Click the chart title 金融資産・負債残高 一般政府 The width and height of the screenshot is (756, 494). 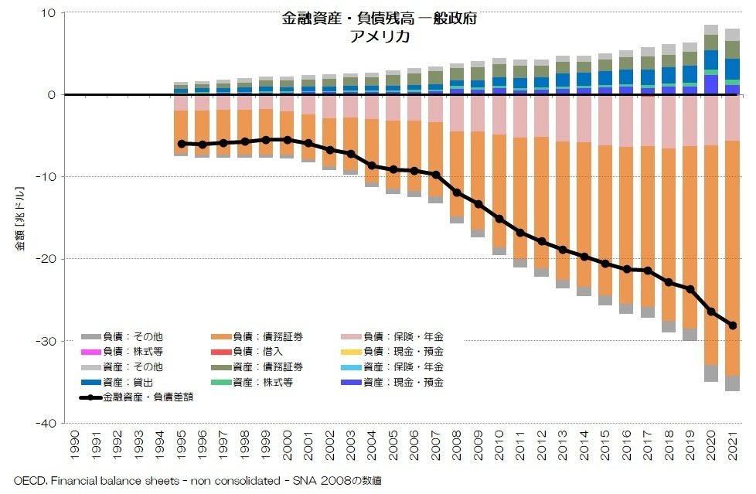pos(378,19)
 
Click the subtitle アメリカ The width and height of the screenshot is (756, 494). pos(378,36)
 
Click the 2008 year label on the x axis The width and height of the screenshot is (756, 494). pos(457,445)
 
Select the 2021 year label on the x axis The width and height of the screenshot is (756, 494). pos(732,445)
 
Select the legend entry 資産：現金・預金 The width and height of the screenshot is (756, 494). pos(403,382)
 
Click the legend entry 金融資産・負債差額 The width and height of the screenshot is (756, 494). pos(147,397)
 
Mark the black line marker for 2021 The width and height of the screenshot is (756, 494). pos(732,325)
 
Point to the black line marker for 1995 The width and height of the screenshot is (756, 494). pos(182,144)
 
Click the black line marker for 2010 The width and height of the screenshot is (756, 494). pos(499,219)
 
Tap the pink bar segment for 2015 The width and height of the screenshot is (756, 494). pos(605,120)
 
